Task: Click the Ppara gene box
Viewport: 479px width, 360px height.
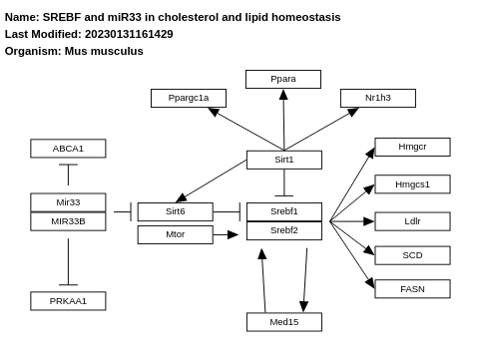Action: (x=283, y=79)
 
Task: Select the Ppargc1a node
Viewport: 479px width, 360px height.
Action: (x=189, y=98)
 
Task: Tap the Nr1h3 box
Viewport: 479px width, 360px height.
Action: (x=378, y=98)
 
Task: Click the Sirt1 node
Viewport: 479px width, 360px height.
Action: (x=284, y=160)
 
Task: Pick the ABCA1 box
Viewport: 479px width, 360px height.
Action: (x=68, y=149)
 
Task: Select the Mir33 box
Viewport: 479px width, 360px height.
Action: (x=68, y=202)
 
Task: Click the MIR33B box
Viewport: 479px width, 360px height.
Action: (x=68, y=221)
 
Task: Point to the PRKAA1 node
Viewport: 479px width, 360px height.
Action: (x=68, y=301)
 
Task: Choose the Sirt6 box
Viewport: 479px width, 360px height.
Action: (x=176, y=211)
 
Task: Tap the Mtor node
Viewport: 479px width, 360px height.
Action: (x=176, y=234)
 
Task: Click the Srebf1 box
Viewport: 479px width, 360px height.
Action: (x=284, y=211)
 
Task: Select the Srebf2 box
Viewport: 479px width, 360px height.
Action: (x=284, y=230)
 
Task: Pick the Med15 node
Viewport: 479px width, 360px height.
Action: (x=284, y=322)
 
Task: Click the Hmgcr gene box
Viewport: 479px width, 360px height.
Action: (x=412, y=147)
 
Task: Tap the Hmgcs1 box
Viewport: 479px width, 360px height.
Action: (x=412, y=184)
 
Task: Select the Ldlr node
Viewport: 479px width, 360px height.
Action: (x=412, y=221)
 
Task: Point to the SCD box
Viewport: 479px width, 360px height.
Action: (x=412, y=255)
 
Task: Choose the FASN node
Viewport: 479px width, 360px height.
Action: (x=412, y=289)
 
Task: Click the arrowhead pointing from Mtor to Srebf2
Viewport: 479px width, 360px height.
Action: (x=233, y=234)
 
